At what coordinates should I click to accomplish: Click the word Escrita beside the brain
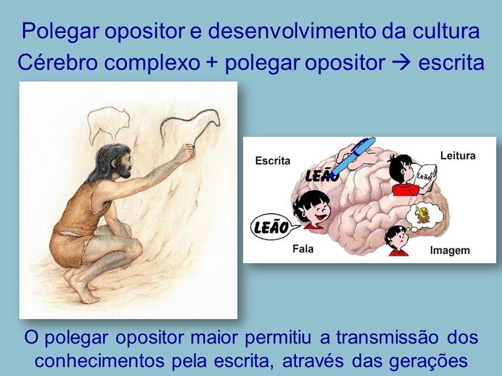coord(273,160)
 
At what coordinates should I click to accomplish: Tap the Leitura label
coord(458,156)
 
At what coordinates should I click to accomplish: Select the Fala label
coord(303,249)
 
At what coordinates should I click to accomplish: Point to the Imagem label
coord(450,250)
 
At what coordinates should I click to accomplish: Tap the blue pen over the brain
coord(352,157)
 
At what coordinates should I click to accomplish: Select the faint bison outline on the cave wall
coord(108,123)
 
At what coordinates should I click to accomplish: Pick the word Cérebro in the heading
coord(58,62)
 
